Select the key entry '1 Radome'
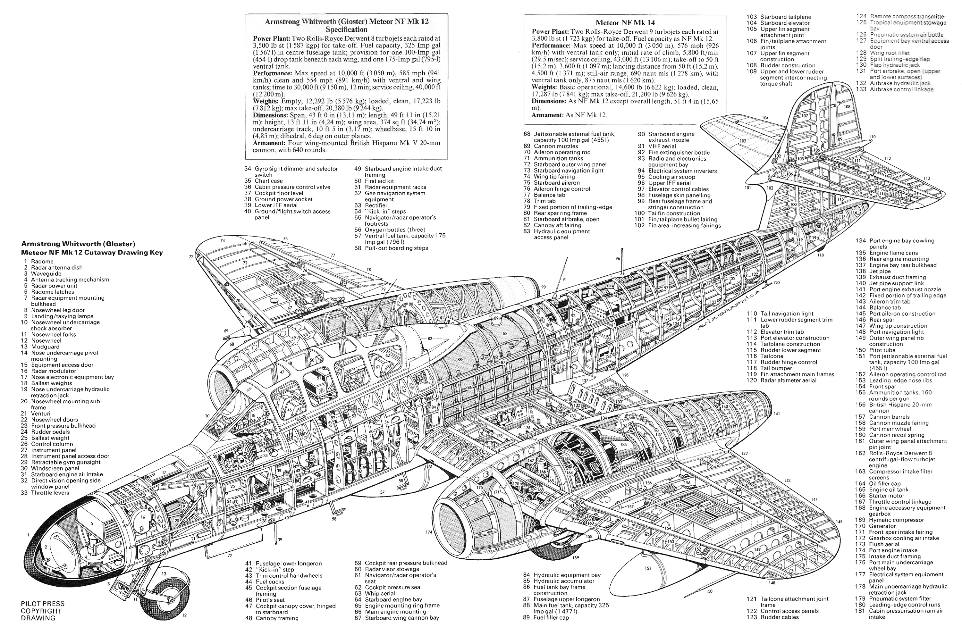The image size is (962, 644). pyautogui.click(x=39, y=261)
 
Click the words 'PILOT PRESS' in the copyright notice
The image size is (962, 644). pyautogui.click(x=43, y=604)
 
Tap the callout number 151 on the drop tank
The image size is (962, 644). pyautogui.click(x=648, y=568)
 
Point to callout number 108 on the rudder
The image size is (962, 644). pyautogui.click(x=847, y=107)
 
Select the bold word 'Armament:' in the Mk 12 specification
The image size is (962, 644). pyautogui.click(x=269, y=143)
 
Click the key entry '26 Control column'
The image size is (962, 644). pyautogui.click(x=47, y=444)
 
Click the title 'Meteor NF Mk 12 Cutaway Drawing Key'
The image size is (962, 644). pyautogui.click(x=92, y=252)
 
